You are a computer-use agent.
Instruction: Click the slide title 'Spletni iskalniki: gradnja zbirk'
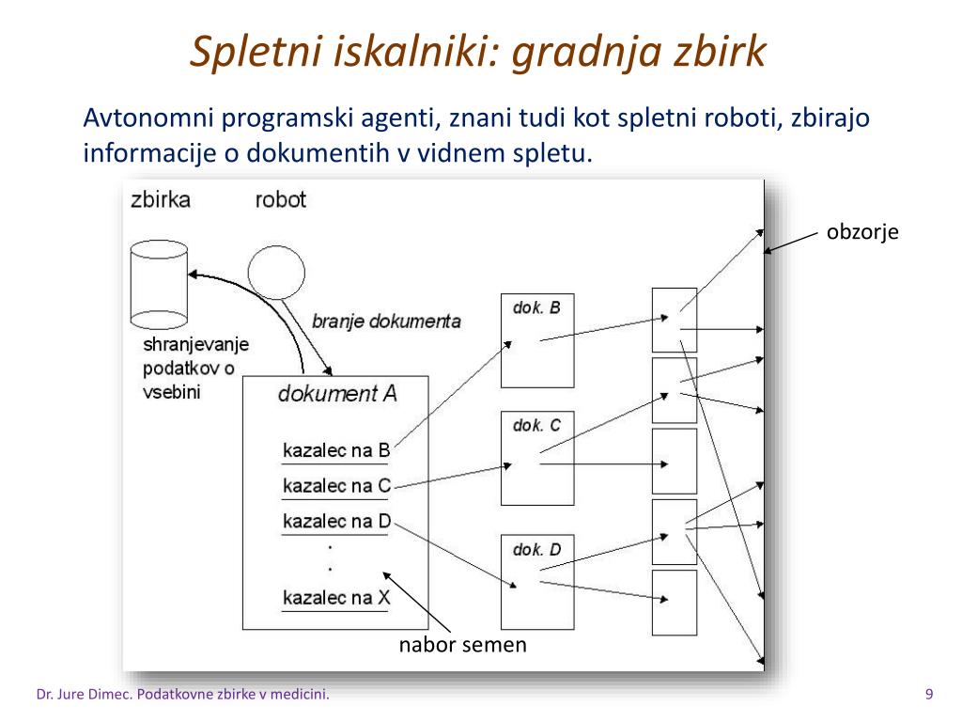click(479, 53)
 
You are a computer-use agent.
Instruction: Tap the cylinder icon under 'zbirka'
click(160, 281)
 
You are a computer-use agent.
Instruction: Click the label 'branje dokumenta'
click(386, 321)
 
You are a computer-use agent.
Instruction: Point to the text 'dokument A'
click(337, 393)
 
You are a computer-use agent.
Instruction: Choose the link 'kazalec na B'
click(335, 450)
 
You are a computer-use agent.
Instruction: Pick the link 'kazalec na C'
click(335, 486)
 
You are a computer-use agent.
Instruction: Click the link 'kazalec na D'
click(335, 521)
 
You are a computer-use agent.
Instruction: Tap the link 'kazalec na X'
click(335, 598)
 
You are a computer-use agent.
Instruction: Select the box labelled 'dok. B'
click(536, 339)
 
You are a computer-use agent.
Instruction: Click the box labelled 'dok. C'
click(536, 459)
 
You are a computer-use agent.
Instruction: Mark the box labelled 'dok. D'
click(536, 582)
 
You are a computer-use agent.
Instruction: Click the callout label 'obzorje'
click(862, 232)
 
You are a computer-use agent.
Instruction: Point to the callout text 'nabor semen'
click(463, 645)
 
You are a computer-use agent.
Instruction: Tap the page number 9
click(929, 695)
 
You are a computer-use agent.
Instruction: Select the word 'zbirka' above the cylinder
click(161, 199)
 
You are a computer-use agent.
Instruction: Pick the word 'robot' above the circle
click(280, 199)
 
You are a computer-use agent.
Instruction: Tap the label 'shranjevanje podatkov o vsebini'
click(195, 368)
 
